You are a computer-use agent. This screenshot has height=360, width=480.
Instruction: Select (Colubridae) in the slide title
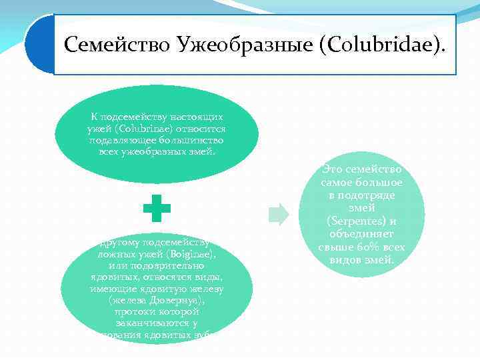(x=377, y=45)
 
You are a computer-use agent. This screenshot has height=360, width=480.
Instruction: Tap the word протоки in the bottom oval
(x=133, y=312)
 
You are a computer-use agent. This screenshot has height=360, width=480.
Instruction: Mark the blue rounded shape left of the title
(x=39, y=45)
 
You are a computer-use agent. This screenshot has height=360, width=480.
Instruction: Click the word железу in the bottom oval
(x=209, y=289)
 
